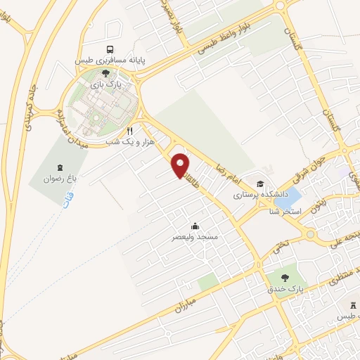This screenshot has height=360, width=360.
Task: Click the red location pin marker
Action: tap(181, 167)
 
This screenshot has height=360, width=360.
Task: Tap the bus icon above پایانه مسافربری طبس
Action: tap(108, 49)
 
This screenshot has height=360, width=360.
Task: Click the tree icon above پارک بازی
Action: tap(105, 72)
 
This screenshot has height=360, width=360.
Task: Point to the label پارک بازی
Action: tap(109, 83)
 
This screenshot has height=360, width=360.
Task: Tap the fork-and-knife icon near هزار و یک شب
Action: tap(129, 131)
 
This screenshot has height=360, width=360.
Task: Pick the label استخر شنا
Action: tap(287, 211)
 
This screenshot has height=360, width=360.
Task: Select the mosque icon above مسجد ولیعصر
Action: tap(195, 226)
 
